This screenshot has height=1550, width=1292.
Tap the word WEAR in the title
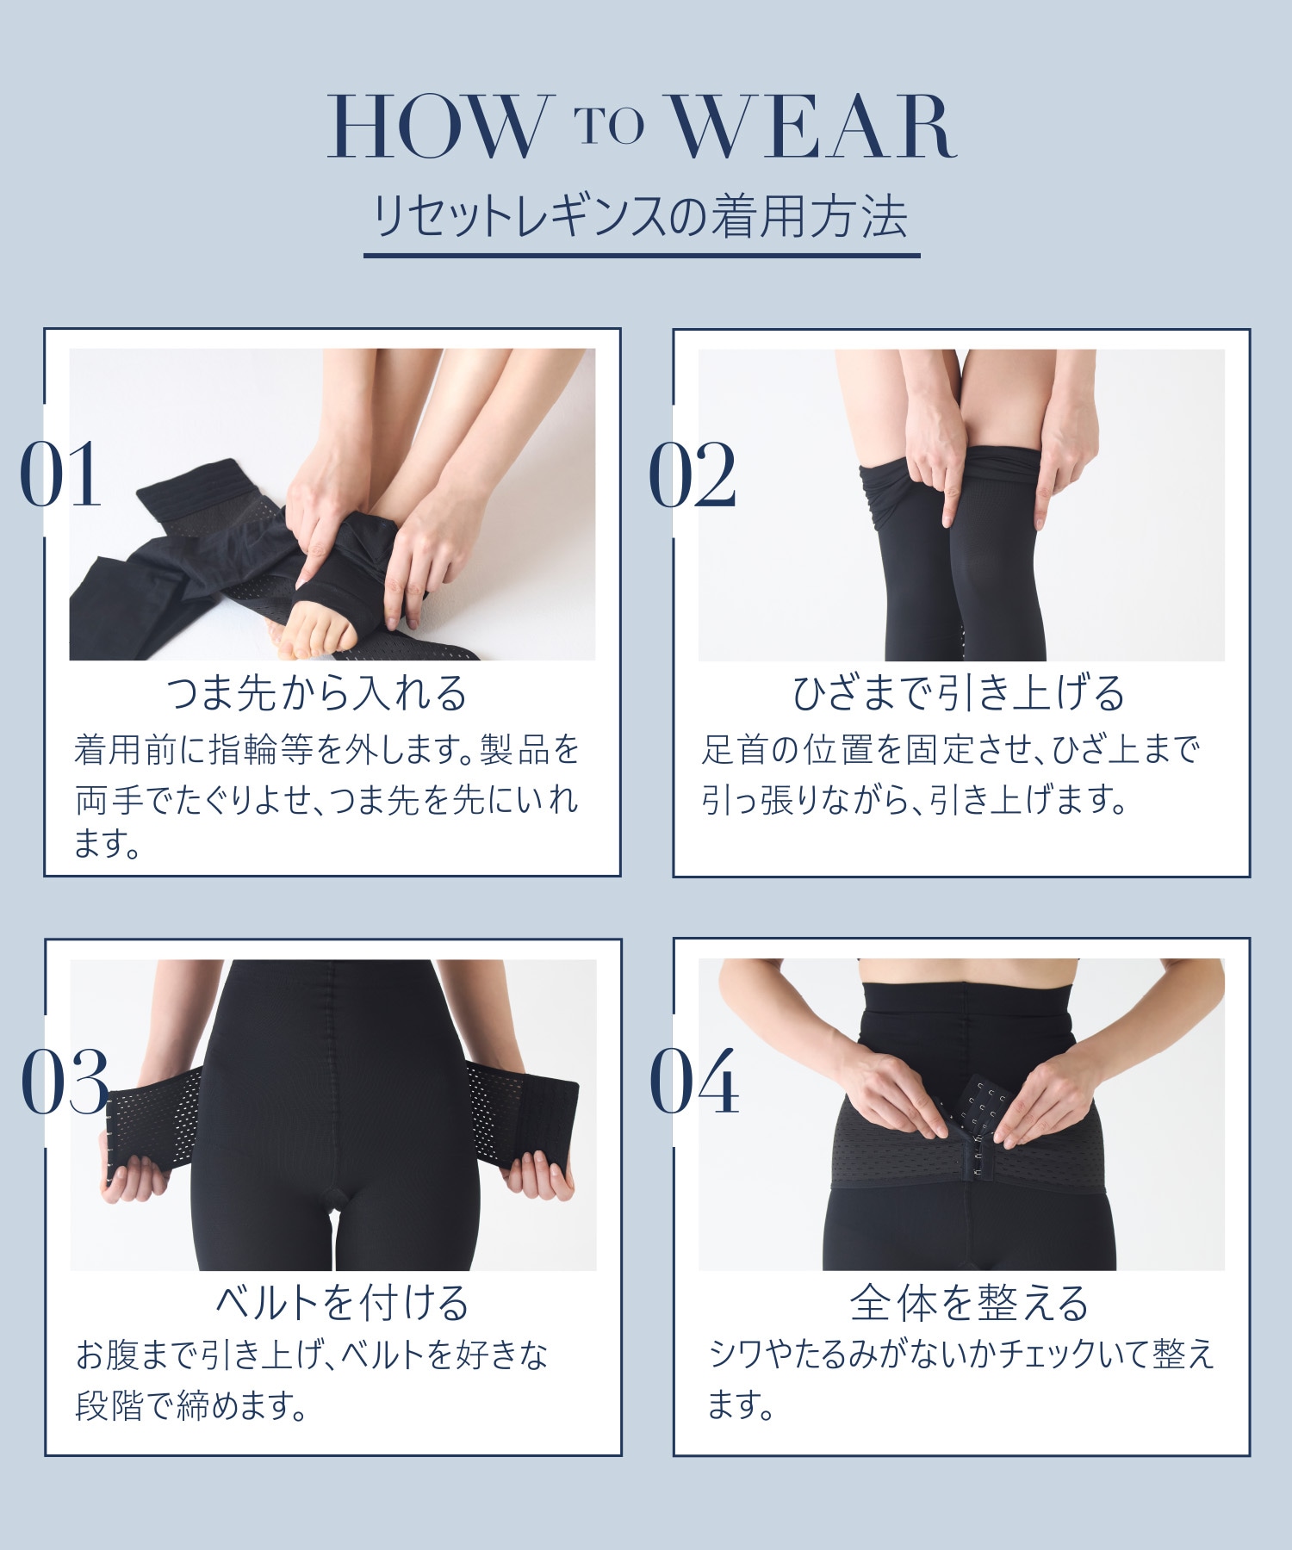pyautogui.click(x=813, y=128)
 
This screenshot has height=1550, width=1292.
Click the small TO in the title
pyautogui.click(x=609, y=124)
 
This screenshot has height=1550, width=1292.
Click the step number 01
pyautogui.click(x=61, y=474)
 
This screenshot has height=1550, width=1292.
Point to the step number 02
pyautogui.click(x=693, y=474)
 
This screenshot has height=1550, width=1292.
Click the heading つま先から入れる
pyautogui.click(x=317, y=693)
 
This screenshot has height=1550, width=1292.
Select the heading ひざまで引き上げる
pyautogui.click(x=959, y=693)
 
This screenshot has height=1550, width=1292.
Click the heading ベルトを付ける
pyautogui.click(x=342, y=1303)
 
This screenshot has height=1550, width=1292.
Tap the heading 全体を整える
pyautogui.click(x=970, y=1303)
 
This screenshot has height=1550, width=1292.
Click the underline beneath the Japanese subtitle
pyautogui.click(x=642, y=255)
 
